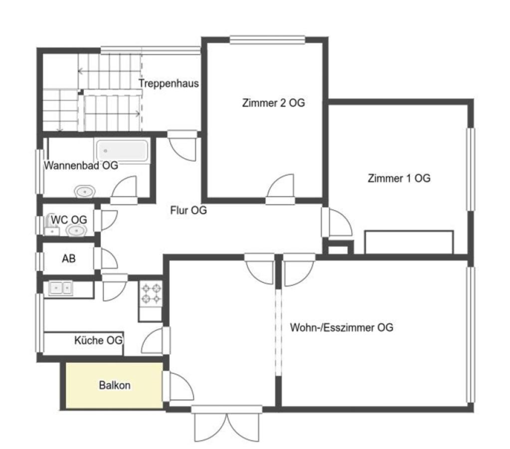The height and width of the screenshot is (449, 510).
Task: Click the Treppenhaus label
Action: point(169,83)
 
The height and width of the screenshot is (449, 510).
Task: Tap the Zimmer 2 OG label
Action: point(274,103)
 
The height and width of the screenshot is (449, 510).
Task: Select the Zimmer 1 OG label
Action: point(399,178)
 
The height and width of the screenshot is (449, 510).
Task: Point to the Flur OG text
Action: point(188,211)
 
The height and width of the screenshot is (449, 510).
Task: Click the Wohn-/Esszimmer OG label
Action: point(341,327)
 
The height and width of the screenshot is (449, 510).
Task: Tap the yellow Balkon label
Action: point(115,385)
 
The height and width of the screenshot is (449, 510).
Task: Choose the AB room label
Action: point(69,258)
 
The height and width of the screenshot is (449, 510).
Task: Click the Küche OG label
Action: point(99,340)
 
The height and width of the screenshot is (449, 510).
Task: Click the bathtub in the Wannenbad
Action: point(122,151)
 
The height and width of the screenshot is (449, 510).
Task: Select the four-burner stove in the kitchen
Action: point(151,294)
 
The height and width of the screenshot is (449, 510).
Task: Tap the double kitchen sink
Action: point(60,288)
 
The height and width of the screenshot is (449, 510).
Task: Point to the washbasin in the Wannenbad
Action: point(85,192)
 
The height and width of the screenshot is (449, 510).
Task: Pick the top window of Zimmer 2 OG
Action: point(267,40)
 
